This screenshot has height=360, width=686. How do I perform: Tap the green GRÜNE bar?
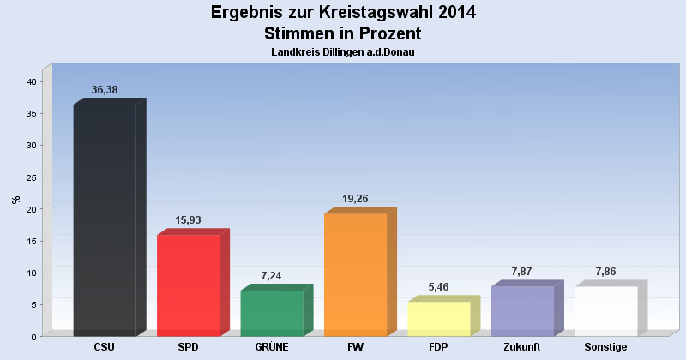coord(272,313)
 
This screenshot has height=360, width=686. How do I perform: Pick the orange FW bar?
coord(355,274)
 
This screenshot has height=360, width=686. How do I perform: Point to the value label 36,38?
coord(105,90)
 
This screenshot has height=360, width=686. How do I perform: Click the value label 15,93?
coord(189,220)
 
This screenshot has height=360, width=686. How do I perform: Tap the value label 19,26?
coord(355,199)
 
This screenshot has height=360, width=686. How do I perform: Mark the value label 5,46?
coord(439,287)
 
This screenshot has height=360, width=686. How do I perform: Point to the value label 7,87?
coord(522,272)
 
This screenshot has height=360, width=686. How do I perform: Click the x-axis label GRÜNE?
coord(272,347)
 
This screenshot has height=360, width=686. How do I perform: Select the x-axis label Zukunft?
coord(522,347)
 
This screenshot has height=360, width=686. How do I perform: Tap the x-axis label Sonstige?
coord(606,347)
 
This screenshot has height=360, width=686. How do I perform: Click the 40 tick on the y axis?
coord(31,81)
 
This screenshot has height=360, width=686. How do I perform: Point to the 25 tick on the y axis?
coord(31,177)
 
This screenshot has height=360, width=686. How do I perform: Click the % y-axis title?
coord(15,200)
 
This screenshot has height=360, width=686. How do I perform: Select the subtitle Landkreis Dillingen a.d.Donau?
coord(343,52)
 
